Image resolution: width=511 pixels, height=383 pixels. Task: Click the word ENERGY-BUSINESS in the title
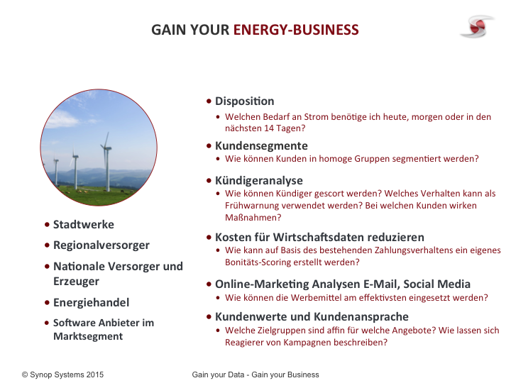pyautogui.click(x=296, y=30)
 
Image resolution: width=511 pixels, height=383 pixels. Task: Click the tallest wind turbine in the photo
pyautogui.click(x=106, y=162)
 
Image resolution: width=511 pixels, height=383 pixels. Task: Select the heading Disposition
pyautogui.click(x=244, y=101)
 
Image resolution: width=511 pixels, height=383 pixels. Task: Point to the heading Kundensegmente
pyautogui.click(x=261, y=146)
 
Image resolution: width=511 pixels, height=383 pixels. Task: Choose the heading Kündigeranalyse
pyautogui.click(x=259, y=180)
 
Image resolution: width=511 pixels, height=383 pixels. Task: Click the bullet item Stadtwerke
pyautogui.click(x=84, y=224)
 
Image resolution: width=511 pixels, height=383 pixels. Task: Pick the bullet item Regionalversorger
pyautogui.click(x=101, y=245)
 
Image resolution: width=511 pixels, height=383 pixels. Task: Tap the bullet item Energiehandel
pyautogui.click(x=92, y=303)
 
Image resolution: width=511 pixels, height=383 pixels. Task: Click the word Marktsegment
pyautogui.click(x=88, y=336)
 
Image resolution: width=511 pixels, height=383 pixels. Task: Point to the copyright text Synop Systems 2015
pyautogui.click(x=67, y=375)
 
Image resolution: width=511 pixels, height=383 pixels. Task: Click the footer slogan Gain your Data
pyautogui.click(x=218, y=375)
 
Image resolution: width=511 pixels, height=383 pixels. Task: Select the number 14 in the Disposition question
pyautogui.click(x=269, y=128)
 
